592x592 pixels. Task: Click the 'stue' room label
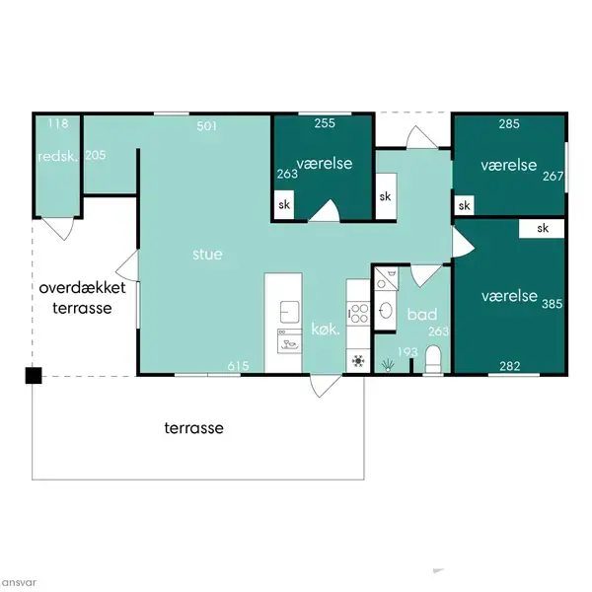point(207,255)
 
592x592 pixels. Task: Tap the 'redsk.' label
point(58,156)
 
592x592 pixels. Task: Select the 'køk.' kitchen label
point(326,330)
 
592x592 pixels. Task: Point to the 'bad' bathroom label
point(422,314)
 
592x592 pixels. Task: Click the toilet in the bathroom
point(433,359)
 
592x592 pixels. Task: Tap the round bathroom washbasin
point(386,311)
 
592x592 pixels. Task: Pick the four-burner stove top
point(358,314)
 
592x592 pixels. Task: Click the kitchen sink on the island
point(289,312)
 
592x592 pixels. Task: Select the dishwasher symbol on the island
point(289,341)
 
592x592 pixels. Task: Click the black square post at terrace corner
point(34,375)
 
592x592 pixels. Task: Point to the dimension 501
point(207,125)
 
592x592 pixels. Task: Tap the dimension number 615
point(238,365)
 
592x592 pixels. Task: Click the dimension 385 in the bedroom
point(552,304)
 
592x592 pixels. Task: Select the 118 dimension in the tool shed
point(58,123)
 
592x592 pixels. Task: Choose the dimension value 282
point(510,366)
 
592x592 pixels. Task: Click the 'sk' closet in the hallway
point(386,196)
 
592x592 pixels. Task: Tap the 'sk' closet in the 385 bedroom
point(542,228)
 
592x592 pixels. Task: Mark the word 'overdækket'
point(82,288)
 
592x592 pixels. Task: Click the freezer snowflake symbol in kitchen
point(358,361)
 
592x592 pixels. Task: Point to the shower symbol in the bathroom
point(388,365)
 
